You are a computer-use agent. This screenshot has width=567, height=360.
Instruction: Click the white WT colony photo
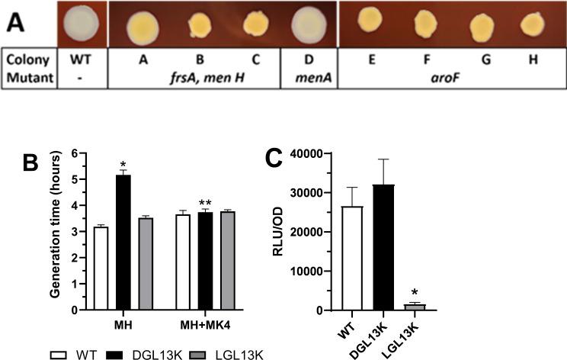(82, 23)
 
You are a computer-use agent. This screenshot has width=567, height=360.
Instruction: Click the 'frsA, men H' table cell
(194, 77)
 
